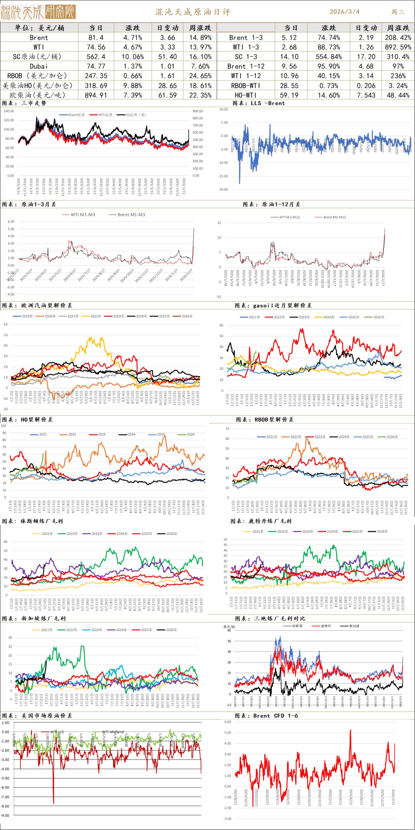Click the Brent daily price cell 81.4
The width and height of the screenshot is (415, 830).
point(96,38)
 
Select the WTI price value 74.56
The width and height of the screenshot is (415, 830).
point(96,47)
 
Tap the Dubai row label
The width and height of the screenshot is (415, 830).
point(39,66)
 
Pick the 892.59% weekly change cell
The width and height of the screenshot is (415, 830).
point(398,47)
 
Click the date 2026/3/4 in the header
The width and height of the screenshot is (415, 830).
point(345,12)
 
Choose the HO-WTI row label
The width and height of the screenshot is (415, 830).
point(246,95)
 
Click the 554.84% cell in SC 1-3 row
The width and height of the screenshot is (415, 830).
point(328,57)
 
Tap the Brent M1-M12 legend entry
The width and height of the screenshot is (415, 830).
point(334,217)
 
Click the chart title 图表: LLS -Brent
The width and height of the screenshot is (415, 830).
point(259,103)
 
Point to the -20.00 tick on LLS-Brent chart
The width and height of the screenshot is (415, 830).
point(223,190)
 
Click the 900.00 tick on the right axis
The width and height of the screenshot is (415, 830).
point(198,111)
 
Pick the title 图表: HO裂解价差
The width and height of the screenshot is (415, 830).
point(27,420)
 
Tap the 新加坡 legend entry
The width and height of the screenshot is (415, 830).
point(354,626)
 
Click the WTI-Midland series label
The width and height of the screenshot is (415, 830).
point(113,732)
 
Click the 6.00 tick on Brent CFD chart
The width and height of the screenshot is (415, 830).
point(227,722)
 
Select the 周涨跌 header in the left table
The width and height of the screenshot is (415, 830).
point(200,28)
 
